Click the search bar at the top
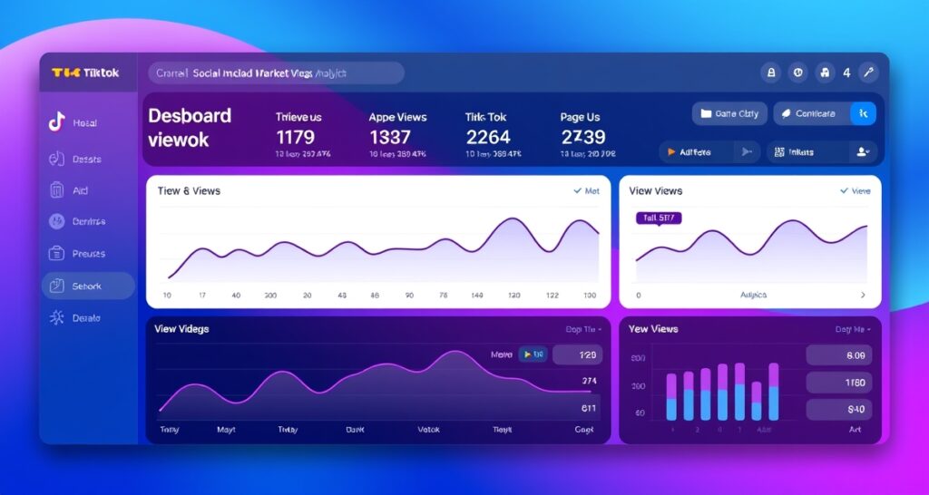(276, 73)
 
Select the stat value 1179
(295, 137)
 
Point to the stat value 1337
(390, 137)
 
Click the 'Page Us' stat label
(580, 117)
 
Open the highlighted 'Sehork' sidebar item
(88, 286)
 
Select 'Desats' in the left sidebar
(86, 160)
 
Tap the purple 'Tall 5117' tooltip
(659, 218)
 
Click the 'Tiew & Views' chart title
(189, 190)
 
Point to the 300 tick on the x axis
(269, 296)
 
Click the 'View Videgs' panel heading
(181, 328)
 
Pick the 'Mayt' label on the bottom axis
(226, 430)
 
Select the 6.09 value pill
(838, 355)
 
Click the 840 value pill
(838, 409)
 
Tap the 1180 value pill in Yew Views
(838, 383)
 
